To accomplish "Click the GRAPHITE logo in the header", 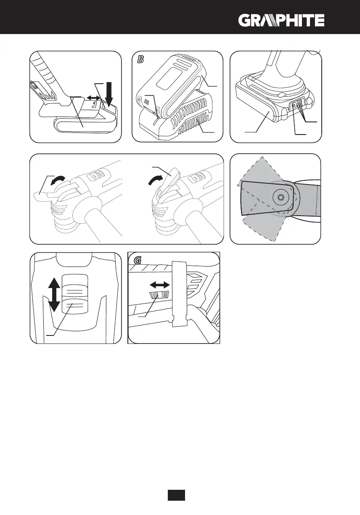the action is click(282, 20).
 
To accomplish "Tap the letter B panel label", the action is click(141, 60).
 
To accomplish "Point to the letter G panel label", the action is click(137, 261).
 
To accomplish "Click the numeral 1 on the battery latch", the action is click(95, 104).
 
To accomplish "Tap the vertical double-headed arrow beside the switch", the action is click(53, 295).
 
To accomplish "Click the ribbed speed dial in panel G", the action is click(159, 295).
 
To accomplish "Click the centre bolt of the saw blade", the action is click(281, 196).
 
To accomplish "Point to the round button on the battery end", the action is click(293, 106).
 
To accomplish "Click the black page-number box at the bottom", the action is click(176, 495).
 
